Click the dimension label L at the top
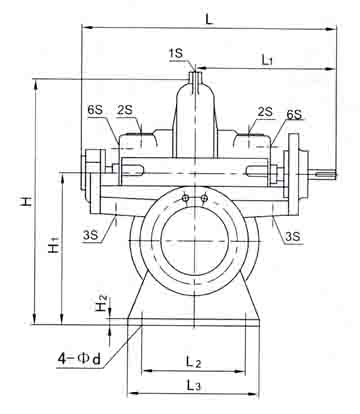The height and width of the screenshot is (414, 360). (x=209, y=19)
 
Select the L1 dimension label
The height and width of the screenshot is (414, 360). (x=267, y=60)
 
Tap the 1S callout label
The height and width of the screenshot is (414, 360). (x=176, y=53)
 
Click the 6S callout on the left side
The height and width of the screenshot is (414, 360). (x=95, y=110)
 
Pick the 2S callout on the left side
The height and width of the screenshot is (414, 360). (x=125, y=110)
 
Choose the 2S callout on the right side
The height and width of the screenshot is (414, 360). (x=265, y=112)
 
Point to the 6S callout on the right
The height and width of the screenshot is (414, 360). (x=294, y=115)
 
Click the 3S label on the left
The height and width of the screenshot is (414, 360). (x=91, y=235)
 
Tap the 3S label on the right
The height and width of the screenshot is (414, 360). (x=292, y=236)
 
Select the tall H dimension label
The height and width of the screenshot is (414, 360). (x=27, y=201)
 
